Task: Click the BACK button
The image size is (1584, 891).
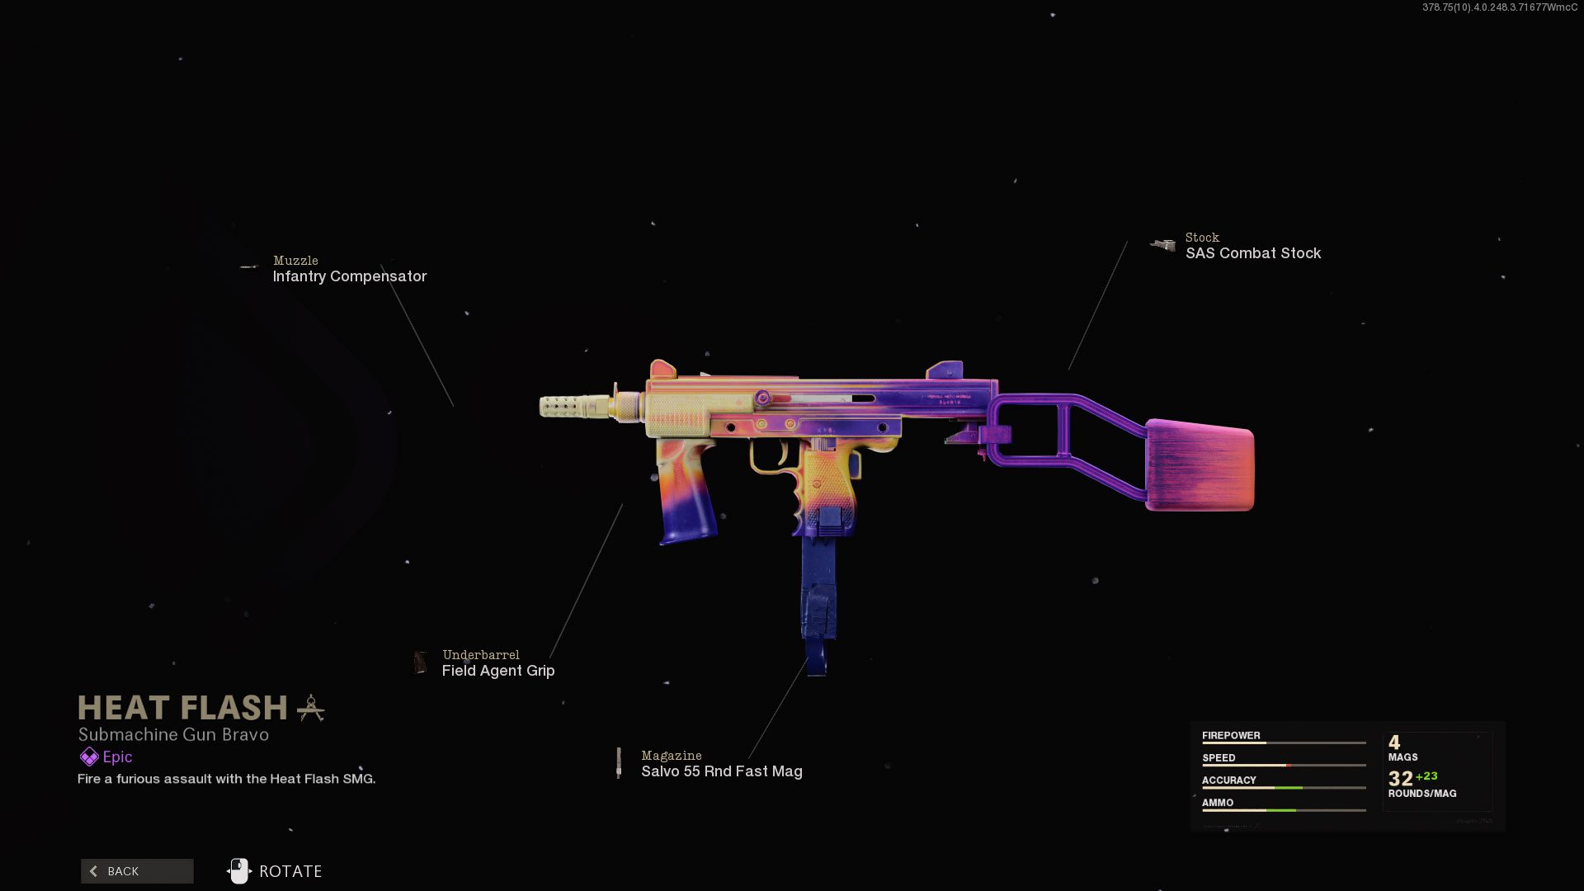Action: tap(137, 871)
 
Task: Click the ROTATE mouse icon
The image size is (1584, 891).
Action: tap(239, 871)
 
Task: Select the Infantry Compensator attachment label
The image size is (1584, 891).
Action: tap(350, 276)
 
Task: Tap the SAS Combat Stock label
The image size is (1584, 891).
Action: tap(1252, 253)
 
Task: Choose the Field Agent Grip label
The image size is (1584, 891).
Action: tap(498, 671)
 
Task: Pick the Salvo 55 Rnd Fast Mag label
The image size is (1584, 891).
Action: tap(721, 771)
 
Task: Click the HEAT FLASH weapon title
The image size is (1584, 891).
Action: tap(183, 708)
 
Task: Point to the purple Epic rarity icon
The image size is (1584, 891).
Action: tap(89, 757)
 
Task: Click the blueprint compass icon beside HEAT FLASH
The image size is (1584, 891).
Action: tap(311, 708)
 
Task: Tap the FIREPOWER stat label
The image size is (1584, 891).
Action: tap(1231, 735)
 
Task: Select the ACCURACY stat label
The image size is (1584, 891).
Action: tap(1228, 780)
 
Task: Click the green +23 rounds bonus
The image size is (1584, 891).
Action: tap(1426, 776)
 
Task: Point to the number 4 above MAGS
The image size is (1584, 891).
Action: tap(1394, 742)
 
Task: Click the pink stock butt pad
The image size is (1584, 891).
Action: tap(1200, 465)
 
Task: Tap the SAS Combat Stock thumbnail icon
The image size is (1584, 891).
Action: tap(1163, 245)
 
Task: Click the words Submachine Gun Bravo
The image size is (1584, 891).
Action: tap(173, 734)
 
